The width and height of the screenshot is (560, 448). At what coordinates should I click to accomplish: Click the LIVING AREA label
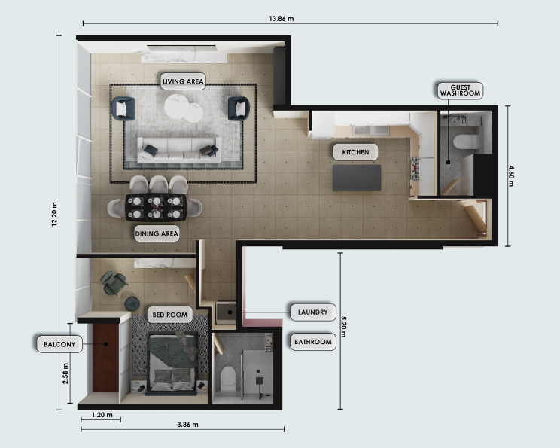pyautogui.click(x=183, y=81)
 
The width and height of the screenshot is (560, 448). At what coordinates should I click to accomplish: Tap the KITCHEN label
pyautogui.click(x=355, y=152)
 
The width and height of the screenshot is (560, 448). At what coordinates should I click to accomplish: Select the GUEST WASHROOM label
pyautogui.click(x=460, y=90)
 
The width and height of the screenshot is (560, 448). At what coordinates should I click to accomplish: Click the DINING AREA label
pyautogui.click(x=157, y=233)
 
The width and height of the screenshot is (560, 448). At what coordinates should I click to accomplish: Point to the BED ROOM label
pyautogui.click(x=169, y=315)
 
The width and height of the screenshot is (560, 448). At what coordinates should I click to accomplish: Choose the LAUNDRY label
pyautogui.click(x=313, y=312)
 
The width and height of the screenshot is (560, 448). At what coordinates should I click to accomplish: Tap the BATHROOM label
pyautogui.click(x=313, y=342)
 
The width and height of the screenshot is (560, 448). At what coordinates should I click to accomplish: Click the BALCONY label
pyautogui.click(x=59, y=344)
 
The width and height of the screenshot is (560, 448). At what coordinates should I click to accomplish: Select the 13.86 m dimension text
pyautogui.click(x=282, y=19)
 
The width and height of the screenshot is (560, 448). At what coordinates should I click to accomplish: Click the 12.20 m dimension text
pyautogui.click(x=54, y=215)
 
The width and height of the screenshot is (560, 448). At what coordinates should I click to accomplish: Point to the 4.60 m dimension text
pyautogui.click(x=511, y=175)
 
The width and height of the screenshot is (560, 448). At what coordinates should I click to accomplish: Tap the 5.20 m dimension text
pyautogui.click(x=343, y=327)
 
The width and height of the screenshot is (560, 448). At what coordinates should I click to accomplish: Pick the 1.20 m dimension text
pyautogui.click(x=102, y=415)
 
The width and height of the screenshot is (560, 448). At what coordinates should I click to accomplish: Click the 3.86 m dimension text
pyautogui.click(x=187, y=425)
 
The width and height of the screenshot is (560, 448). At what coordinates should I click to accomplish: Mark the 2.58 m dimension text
pyautogui.click(x=65, y=373)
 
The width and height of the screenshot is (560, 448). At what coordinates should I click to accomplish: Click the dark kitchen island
pyautogui.click(x=357, y=178)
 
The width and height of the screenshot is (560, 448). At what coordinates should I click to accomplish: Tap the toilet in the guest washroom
pyautogui.click(x=466, y=142)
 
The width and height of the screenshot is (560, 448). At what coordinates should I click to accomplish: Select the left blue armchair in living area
pyautogui.click(x=123, y=109)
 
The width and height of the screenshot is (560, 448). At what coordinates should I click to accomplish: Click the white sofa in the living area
pyautogui.click(x=179, y=149)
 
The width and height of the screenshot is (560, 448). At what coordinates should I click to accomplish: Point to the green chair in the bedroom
pyautogui.click(x=113, y=283)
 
